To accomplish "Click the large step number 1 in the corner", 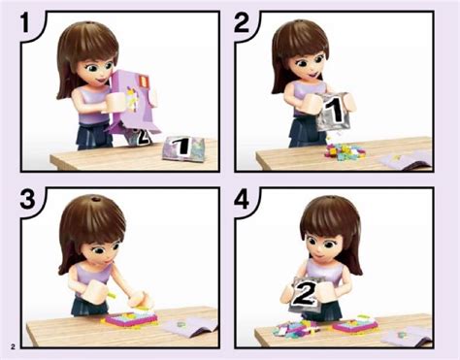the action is [x=26, y=22].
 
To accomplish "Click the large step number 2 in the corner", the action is [x=242, y=22].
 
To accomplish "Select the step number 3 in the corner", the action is [x=27, y=199].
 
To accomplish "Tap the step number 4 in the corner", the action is [x=242, y=199].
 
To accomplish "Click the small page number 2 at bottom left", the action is [x=13, y=347].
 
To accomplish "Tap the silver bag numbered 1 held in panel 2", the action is [x=333, y=112].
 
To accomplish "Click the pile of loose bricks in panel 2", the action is [x=345, y=152].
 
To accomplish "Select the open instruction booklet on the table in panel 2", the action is [x=405, y=160].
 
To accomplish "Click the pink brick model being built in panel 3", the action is [x=129, y=318].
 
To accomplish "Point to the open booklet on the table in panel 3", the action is [x=191, y=326].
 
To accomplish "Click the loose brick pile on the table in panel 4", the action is [x=294, y=329].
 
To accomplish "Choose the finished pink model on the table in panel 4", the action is [x=355, y=324].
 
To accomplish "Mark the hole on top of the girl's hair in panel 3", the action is [x=95, y=199].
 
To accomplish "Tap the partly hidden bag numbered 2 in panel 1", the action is [x=140, y=138].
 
